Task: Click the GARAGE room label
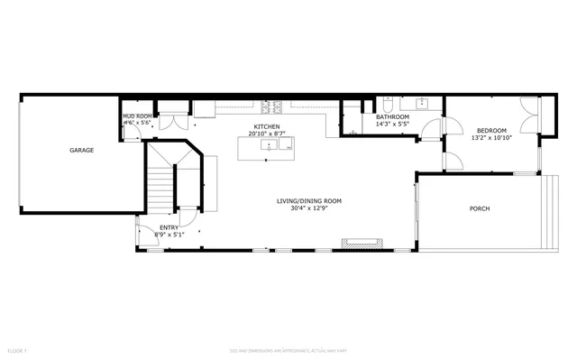[81, 151]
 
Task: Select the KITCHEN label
[266, 127]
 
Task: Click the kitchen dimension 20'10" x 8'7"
[266, 134]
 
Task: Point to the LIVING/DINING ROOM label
[309, 200]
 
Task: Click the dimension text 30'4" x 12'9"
[309, 208]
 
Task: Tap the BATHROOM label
[392, 116]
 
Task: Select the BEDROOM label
[491, 131]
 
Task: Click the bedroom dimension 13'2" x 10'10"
[491, 138]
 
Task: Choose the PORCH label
[480, 209]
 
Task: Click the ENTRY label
[169, 227]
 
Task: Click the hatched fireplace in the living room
[363, 241]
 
